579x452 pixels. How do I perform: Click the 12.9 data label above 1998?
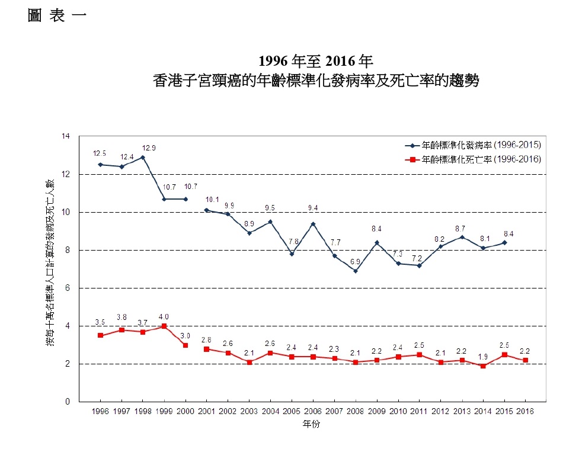click(149, 148)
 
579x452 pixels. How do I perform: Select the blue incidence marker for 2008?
click(355, 271)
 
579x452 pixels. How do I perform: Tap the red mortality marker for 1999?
click(164, 326)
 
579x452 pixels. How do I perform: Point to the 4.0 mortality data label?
click(164, 316)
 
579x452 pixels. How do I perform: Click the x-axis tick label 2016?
click(525, 411)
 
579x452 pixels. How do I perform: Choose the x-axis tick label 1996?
click(100, 411)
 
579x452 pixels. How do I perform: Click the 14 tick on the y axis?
click(66, 137)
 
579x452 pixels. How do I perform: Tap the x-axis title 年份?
click(312, 424)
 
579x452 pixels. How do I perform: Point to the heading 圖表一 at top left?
click(57, 16)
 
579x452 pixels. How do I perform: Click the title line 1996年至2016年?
click(315, 62)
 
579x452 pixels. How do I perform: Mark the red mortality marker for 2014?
click(483, 366)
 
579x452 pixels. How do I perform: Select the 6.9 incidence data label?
click(355, 261)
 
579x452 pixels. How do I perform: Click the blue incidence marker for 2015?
click(504, 242)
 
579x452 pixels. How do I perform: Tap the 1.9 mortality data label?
click(483, 357)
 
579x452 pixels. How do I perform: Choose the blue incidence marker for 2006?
click(313, 224)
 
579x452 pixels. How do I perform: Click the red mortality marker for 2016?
click(525, 360)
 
